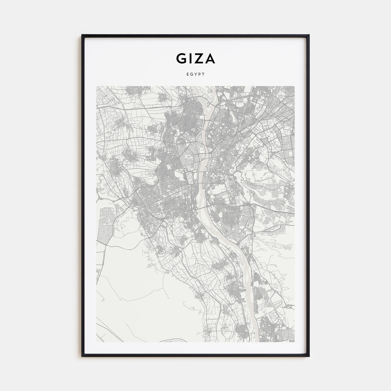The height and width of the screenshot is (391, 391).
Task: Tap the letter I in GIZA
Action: (190, 58)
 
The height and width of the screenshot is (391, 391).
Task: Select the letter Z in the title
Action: (199, 58)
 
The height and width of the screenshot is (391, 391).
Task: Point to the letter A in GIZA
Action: (210, 58)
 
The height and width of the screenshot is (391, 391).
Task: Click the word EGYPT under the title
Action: (195, 74)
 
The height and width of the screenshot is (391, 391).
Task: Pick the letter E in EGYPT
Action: (187, 74)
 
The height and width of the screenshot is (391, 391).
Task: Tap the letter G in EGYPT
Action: (191, 74)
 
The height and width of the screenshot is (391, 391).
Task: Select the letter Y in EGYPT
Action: (195, 74)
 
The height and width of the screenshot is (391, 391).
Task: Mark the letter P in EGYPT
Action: (199, 74)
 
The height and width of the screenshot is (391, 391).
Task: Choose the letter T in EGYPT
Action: (203, 74)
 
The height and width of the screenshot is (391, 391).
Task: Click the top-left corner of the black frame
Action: (82, 36)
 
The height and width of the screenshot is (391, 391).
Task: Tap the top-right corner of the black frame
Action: (308, 36)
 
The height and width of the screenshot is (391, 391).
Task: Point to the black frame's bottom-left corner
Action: (82, 356)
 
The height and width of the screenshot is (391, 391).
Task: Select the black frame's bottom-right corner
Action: (308, 356)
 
